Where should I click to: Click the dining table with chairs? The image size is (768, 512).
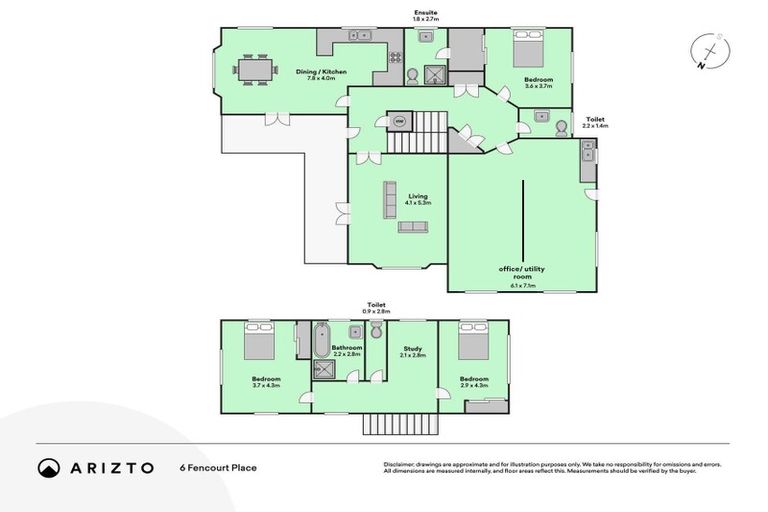click(254, 70)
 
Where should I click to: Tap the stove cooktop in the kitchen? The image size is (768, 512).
click(357, 36)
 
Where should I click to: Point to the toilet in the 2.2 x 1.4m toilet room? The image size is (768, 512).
click(561, 127)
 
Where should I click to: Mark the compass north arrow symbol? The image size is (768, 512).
click(709, 52)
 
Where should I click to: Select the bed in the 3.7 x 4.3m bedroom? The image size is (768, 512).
click(262, 344)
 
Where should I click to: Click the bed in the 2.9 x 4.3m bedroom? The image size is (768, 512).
click(472, 344)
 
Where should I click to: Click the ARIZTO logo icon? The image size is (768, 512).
click(48, 468)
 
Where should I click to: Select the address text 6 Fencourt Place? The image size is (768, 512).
click(217, 468)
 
